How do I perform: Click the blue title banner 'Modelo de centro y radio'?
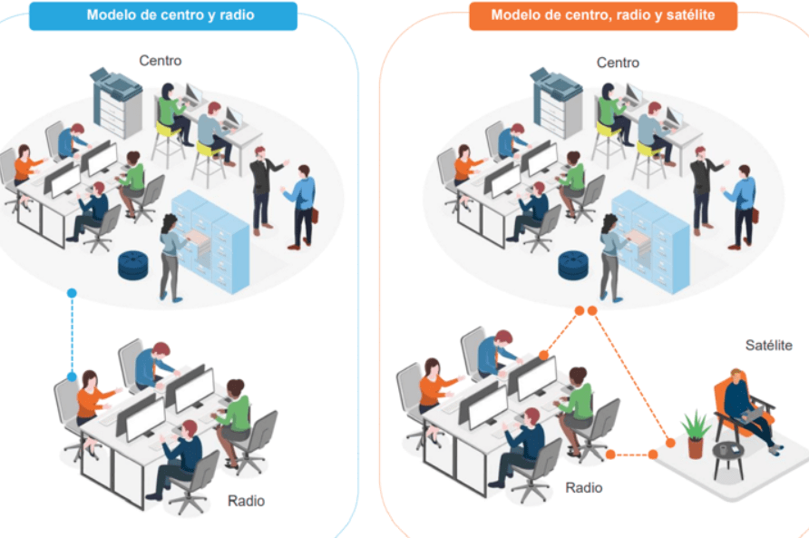[163, 15]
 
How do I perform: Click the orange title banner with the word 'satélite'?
[602, 16]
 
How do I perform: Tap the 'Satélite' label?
[768, 345]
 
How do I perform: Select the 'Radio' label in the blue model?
[246, 500]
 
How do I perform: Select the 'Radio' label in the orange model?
[583, 487]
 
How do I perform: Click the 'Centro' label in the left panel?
[160, 61]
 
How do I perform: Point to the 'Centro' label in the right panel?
[618, 63]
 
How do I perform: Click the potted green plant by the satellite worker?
[695, 435]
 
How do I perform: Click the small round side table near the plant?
[728, 458]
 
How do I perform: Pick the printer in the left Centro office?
[116, 102]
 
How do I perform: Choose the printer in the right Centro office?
[556, 102]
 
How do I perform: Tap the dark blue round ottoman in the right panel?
[572, 264]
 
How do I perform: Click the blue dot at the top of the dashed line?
[72, 293]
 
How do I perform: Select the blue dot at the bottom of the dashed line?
[72, 377]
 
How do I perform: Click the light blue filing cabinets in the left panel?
[211, 240]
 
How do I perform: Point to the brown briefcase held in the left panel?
[314, 215]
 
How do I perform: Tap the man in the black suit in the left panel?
[263, 190]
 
